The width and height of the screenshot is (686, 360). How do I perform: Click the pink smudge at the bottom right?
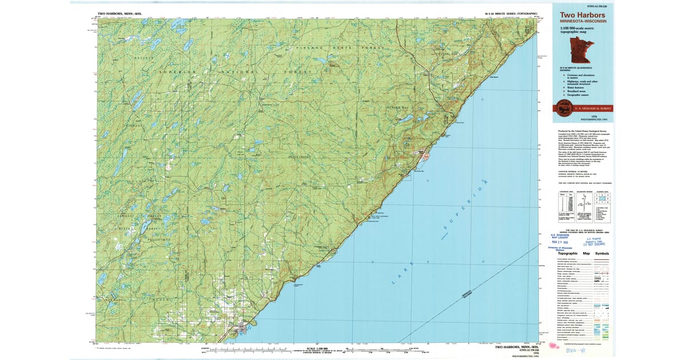553,345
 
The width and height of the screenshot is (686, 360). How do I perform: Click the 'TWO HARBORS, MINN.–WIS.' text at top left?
121,13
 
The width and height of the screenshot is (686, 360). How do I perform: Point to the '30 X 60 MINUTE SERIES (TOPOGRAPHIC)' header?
511,13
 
